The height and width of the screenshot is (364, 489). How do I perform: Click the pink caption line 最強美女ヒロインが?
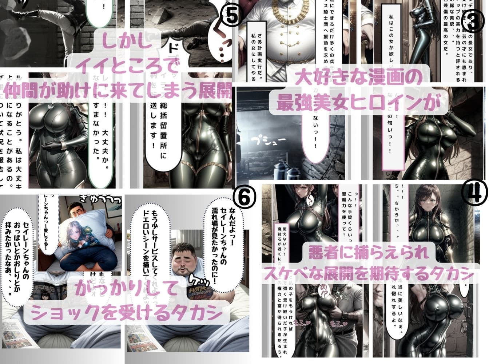point(358,103)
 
